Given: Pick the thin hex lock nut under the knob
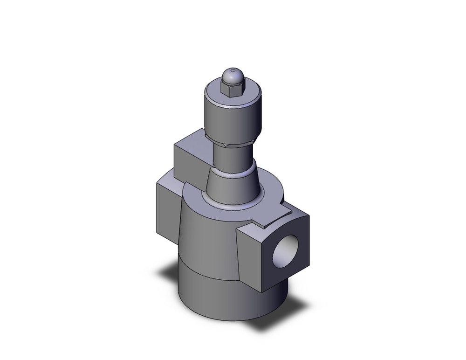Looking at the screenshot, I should (232, 143).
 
